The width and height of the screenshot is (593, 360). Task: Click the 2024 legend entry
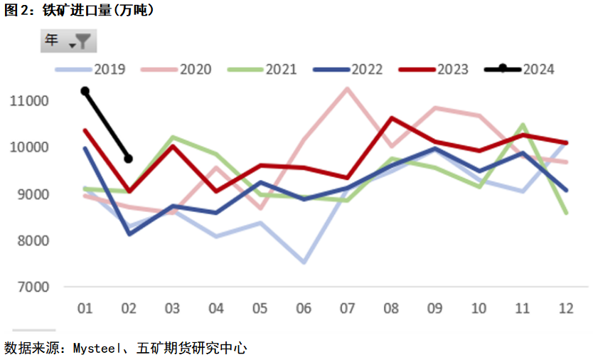click(519, 69)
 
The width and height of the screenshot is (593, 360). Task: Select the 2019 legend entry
click(90, 69)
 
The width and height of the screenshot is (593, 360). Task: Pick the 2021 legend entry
click(262, 69)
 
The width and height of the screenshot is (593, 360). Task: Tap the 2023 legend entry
click(434, 69)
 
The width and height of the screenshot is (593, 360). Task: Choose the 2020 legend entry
click(176, 69)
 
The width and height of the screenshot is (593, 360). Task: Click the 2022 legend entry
click(348, 69)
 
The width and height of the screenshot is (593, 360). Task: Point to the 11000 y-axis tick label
click(29, 101)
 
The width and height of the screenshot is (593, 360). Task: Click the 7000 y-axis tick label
click(33, 287)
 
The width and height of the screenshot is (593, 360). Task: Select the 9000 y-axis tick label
click(33, 194)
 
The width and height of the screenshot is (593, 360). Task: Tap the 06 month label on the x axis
click(304, 308)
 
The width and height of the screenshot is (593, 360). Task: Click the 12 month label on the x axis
click(566, 308)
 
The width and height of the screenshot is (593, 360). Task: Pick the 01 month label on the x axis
click(85, 308)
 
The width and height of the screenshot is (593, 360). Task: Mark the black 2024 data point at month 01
click(85, 91)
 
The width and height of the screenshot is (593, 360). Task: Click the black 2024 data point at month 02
click(129, 159)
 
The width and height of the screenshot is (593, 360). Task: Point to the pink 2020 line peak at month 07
click(347, 89)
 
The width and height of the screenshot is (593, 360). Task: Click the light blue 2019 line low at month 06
click(304, 262)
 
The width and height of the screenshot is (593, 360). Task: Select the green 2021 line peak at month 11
click(523, 125)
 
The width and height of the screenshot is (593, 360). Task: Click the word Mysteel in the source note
click(97, 349)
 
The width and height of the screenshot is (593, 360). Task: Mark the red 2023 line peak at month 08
click(392, 118)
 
